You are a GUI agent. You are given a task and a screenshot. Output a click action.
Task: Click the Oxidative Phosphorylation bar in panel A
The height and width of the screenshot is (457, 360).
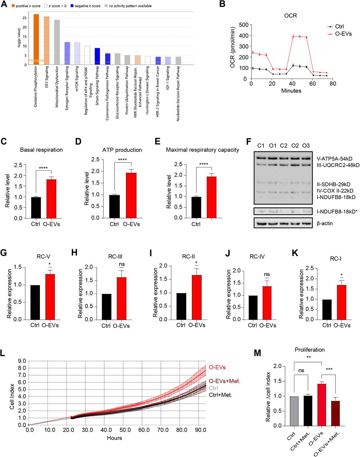click(36, 39)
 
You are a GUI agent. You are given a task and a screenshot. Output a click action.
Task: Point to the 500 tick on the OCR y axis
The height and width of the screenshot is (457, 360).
click(244, 25)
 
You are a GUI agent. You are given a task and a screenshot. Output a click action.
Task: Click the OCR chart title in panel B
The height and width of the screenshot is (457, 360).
click(291, 16)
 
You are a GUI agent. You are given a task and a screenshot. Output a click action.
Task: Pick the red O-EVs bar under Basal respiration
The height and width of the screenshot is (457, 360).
click(51, 199)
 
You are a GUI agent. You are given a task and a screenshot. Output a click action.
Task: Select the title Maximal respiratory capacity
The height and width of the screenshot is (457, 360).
click(202, 150)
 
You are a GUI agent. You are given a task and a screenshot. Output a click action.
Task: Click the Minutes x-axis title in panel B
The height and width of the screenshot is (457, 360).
click(291, 91)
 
